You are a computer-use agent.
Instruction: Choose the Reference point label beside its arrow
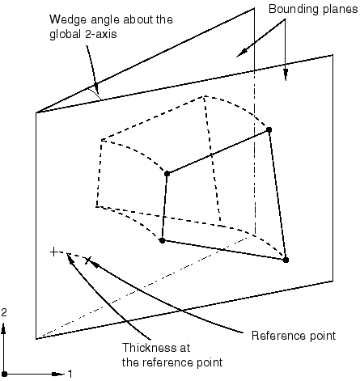pyautogui.click(x=294, y=336)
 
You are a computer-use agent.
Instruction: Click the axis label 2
pyautogui.click(x=4, y=312)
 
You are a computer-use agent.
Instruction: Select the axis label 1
pyautogui.click(x=70, y=375)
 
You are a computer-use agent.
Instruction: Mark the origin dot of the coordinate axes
pyautogui.click(x=4, y=375)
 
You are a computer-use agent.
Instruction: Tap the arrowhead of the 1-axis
pyautogui.click(x=57, y=375)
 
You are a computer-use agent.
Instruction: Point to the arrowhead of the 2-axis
pyautogui.click(x=4, y=329)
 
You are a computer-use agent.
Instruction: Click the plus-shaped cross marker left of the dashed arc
pyautogui.click(x=54, y=252)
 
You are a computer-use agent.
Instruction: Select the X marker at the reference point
pyautogui.click(x=88, y=260)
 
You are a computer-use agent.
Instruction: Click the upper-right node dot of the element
pyautogui.click(x=269, y=129)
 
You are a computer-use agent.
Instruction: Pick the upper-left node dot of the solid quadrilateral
pyautogui.click(x=167, y=174)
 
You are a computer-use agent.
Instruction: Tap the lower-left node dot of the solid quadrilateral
pyautogui.click(x=162, y=240)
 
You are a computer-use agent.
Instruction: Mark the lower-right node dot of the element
pyautogui.click(x=286, y=260)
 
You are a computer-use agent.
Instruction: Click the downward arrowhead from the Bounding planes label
pyautogui.click(x=286, y=74)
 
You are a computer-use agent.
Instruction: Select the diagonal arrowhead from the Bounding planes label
pyautogui.click(x=242, y=53)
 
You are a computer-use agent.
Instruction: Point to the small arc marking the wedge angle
pyautogui.click(x=95, y=93)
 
